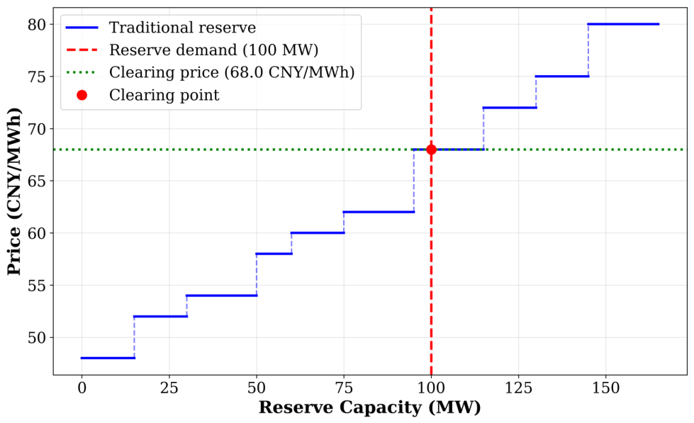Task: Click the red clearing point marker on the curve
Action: [x=431, y=150]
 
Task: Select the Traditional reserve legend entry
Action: [x=161, y=28]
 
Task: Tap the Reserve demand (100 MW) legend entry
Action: [x=192, y=50]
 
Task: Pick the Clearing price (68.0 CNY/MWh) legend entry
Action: [x=211, y=72]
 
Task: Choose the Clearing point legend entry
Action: [x=148, y=95]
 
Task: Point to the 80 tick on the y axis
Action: [x=37, y=24]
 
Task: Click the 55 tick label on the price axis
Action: [x=37, y=286]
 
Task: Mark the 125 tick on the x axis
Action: [x=519, y=388]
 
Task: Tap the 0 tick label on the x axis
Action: [x=82, y=388]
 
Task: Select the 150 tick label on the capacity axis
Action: [x=606, y=388]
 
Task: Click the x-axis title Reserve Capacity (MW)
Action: [x=369, y=407]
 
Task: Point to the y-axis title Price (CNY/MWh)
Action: [x=14, y=191]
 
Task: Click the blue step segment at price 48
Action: [x=108, y=358]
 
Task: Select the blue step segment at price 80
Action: [x=624, y=24]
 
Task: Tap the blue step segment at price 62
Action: [x=379, y=212]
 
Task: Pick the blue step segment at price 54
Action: [x=222, y=295]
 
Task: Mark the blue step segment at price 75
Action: [x=562, y=77]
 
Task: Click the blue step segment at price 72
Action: [x=510, y=108]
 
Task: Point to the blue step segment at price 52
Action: [x=160, y=317]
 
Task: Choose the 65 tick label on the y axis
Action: [x=37, y=181]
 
